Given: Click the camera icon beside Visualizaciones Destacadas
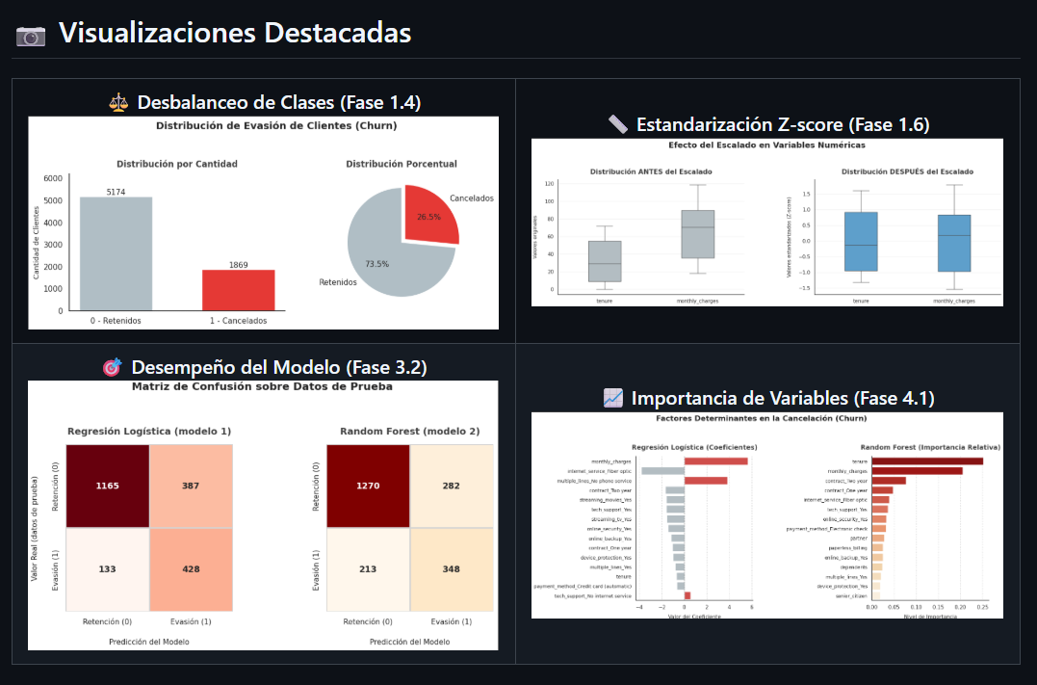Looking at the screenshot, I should pyautogui.click(x=31, y=36).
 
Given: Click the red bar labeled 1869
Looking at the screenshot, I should pyautogui.click(x=238, y=289).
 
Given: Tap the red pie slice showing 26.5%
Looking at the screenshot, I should pyautogui.click(x=429, y=214).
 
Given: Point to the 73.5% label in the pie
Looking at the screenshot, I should pyautogui.click(x=376, y=264).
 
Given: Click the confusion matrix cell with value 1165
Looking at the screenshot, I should pyautogui.click(x=108, y=486).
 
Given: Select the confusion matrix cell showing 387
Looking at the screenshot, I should pyautogui.click(x=191, y=486).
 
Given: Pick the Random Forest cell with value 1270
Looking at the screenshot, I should pyautogui.click(x=368, y=486).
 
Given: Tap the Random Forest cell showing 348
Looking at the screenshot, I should pyautogui.click(x=452, y=568).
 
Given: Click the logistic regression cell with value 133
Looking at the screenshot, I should pyautogui.click(x=108, y=568).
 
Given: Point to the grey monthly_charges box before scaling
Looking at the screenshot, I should pyautogui.click(x=697, y=234).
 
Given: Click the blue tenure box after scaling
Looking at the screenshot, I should pyautogui.click(x=860, y=242).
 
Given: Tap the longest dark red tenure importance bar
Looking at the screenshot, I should pyautogui.click(x=926, y=461).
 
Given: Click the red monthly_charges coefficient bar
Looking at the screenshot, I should pyautogui.click(x=715, y=461).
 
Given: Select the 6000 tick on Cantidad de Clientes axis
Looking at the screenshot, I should pyautogui.click(x=54, y=179).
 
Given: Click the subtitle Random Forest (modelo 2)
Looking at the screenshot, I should pyautogui.click(x=409, y=431).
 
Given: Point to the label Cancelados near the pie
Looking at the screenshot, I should pyautogui.click(x=471, y=198).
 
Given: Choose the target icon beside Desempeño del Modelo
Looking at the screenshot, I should pyautogui.click(x=113, y=368).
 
